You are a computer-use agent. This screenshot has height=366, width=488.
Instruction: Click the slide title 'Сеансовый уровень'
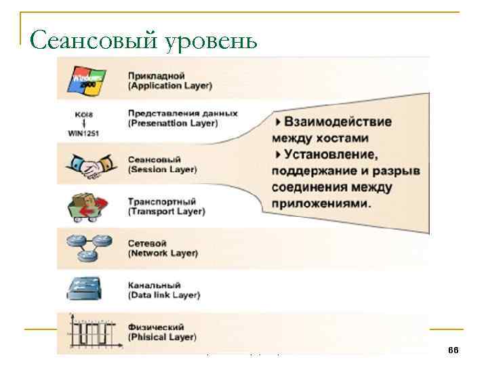pyautogui.click(x=144, y=41)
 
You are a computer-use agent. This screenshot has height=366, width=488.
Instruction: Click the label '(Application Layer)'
pyautogui.click(x=170, y=86)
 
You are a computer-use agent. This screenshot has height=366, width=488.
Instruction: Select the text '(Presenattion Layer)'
pyautogui.click(x=173, y=123)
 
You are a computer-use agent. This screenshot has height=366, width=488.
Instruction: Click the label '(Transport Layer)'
pyautogui.click(x=166, y=211)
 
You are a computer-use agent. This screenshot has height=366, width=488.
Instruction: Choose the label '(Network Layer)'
pyautogui.click(x=163, y=253)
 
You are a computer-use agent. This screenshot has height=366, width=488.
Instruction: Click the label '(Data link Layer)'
pyautogui.click(x=164, y=296)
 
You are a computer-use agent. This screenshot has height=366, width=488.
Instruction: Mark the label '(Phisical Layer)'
pyautogui.click(x=162, y=337)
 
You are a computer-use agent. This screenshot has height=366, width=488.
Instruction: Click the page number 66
pyautogui.click(x=453, y=349)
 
